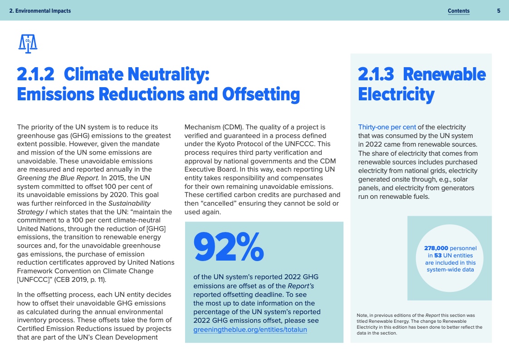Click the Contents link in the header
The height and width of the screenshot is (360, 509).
tap(458, 11)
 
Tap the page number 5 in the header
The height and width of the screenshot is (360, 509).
tap(499, 11)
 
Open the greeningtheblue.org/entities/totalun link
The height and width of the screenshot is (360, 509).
tap(250, 330)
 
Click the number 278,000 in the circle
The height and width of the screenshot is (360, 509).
tap(436, 248)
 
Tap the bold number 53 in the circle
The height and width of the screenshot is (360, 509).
tap(438, 255)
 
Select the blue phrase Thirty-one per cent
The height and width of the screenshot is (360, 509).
tap(387, 127)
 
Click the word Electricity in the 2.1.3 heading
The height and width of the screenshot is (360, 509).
tap(396, 94)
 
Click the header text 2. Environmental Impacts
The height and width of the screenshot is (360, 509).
tap(40, 11)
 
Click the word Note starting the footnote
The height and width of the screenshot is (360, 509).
tap(362, 315)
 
